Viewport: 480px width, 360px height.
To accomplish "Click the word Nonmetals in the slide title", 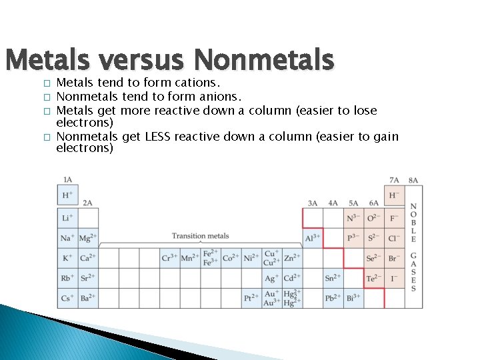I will (x=263, y=60).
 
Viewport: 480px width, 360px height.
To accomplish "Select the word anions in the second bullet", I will (x=218, y=97).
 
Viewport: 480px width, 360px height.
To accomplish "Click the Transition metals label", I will (x=200, y=236).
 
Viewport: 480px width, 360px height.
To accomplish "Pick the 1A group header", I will (x=67, y=180).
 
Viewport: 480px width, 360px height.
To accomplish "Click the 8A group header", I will (x=413, y=180).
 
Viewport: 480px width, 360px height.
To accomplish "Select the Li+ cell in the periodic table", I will (x=67, y=218).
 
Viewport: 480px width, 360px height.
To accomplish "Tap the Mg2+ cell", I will (x=88, y=238).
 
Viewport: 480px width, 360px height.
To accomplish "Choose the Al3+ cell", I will (x=313, y=238).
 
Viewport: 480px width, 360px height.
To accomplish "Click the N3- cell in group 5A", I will (x=353, y=218).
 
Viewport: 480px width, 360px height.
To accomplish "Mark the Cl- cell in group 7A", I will (x=394, y=238).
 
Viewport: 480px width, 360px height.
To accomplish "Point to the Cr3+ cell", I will (x=170, y=258).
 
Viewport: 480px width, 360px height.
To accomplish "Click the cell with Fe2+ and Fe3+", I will (x=210, y=258).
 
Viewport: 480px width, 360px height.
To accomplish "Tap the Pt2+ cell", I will (x=251, y=298).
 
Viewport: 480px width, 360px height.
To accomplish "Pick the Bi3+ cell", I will (x=353, y=298).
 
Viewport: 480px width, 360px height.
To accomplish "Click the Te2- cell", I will (x=374, y=278).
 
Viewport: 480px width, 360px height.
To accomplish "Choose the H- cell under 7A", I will (x=394, y=195).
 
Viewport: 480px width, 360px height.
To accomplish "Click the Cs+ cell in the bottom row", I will (x=67, y=298).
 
